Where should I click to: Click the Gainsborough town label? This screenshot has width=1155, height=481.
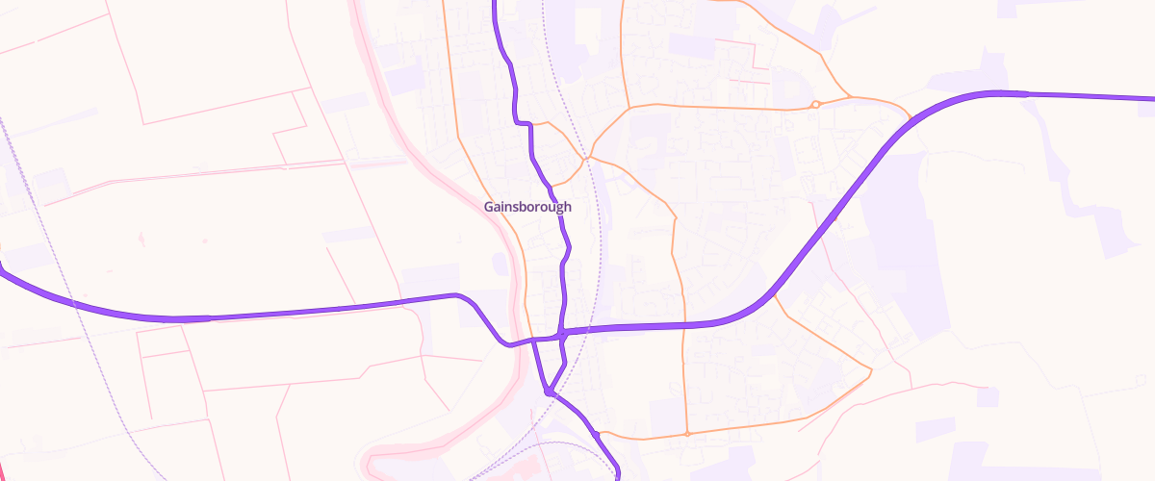point(526,207)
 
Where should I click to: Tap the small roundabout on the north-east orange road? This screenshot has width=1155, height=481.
point(815,104)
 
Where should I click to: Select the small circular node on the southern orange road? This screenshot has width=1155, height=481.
point(687,434)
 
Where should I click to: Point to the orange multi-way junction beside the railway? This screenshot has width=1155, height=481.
point(586,156)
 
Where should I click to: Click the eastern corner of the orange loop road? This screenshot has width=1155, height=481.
point(871,369)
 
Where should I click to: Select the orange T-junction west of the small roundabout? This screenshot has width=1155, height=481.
point(629,107)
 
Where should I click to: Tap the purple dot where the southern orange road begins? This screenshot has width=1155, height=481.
point(597,434)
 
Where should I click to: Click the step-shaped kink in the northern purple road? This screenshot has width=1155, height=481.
point(524,122)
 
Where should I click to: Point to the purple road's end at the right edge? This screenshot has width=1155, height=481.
point(1151,98)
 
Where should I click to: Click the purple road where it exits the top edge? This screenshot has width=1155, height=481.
point(496,3)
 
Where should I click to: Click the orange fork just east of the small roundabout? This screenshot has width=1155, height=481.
point(851,96)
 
